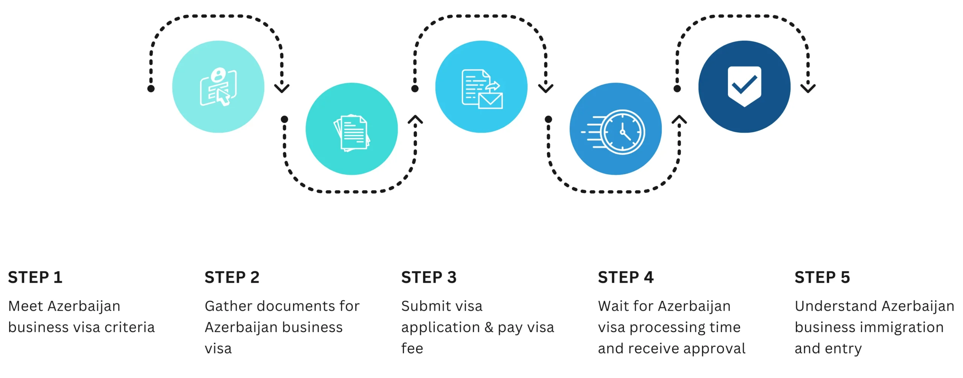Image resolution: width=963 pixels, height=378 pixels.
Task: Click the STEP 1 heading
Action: click(35, 277)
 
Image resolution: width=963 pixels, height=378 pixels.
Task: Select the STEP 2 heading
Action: click(232, 277)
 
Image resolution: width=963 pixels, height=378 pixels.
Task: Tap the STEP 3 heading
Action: click(429, 277)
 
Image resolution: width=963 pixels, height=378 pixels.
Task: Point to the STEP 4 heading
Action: click(626, 277)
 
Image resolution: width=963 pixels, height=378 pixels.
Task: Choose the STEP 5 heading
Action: click(822, 277)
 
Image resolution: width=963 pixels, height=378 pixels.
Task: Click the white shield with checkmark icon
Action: click(744, 87)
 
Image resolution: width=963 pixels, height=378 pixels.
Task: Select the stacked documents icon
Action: click(352, 133)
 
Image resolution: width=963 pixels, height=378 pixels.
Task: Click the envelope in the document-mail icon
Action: click(491, 101)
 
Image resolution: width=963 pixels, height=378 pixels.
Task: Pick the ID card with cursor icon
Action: click(218, 87)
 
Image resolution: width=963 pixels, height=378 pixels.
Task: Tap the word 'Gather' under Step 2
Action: click(228, 306)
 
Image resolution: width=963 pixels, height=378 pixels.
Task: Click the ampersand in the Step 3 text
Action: click(489, 328)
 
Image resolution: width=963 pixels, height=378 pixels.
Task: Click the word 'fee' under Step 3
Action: click(412, 349)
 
